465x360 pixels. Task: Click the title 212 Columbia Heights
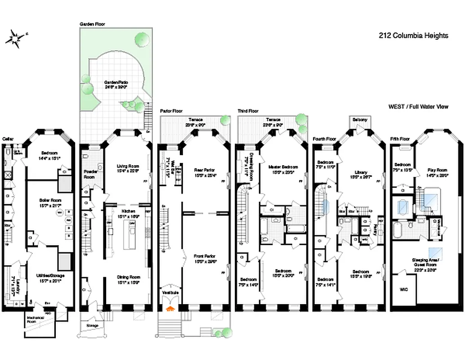(414, 36)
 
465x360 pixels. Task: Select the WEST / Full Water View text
(418, 107)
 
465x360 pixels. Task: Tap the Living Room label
(125, 166)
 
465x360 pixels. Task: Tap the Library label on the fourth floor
(360, 172)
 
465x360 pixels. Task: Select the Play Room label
(438, 171)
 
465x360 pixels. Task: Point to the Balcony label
(360, 120)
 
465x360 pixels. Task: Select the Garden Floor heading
(92, 24)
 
